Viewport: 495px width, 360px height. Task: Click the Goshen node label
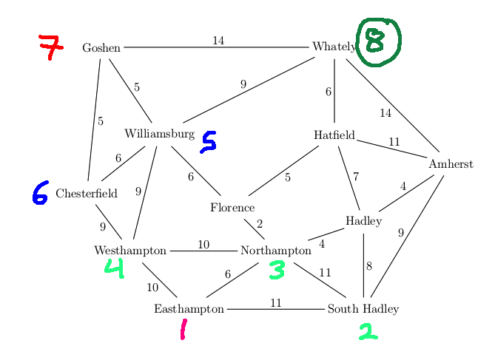pos(101,48)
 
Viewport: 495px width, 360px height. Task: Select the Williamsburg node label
pos(159,134)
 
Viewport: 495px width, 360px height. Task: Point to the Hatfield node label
pos(334,135)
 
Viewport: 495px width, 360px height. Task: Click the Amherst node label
pos(451,164)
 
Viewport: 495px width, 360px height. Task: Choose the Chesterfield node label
pos(87,194)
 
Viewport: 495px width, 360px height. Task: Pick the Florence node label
pos(232,208)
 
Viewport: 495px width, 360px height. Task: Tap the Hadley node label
pos(363,221)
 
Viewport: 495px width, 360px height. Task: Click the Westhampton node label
pos(130,251)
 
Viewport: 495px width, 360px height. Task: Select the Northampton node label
pos(276,251)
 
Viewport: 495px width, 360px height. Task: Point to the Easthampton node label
pos(189,308)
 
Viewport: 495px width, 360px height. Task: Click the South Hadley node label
pos(363,308)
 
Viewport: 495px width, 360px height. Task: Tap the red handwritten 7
pos(50,47)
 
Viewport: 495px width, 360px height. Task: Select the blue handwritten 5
pos(209,142)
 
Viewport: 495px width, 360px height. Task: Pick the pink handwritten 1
pos(183,329)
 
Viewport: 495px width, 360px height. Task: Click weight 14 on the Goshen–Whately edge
pos(218,41)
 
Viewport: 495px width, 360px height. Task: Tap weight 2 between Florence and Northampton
pos(260,224)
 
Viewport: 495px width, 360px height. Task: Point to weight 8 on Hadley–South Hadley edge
pos(368,266)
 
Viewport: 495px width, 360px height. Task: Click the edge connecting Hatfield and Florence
pos(284,171)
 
